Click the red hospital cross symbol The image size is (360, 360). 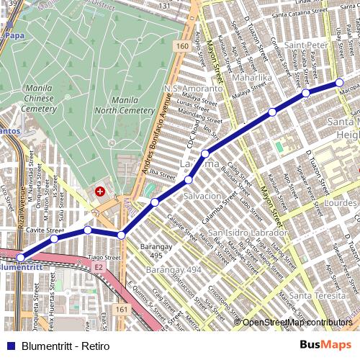(x=99, y=192)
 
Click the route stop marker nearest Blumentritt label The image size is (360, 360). (x=21, y=257)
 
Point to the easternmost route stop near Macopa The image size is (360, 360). (x=339, y=83)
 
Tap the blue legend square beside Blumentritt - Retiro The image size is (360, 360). (x=9, y=346)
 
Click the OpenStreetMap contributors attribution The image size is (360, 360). (x=297, y=323)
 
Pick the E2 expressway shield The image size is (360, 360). (x=99, y=266)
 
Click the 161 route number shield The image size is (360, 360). (x=122, y=310)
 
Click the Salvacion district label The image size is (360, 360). (x=202, y=196)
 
